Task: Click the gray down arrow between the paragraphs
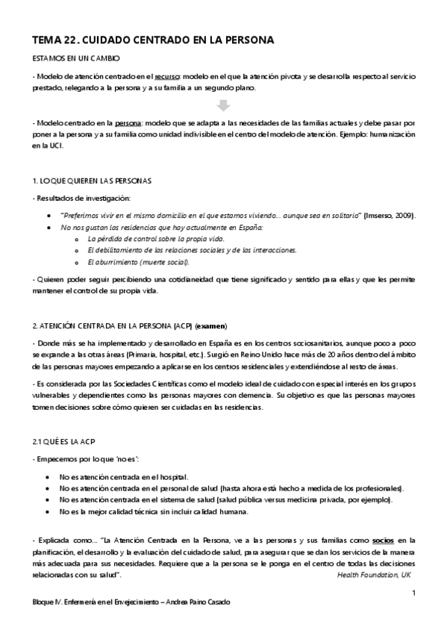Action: (223, 105)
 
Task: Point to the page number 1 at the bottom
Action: (413, 593)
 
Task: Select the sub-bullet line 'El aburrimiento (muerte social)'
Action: (139, 262)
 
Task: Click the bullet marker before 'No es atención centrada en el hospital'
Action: (49, 475)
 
